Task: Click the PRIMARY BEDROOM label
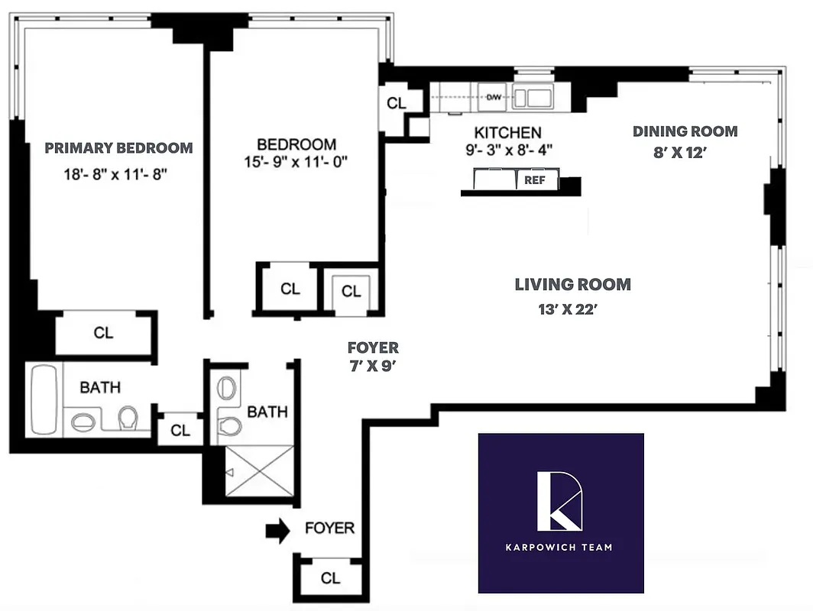[118, 147]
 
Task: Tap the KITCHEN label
[507, 132]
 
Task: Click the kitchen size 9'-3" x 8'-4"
[507, 150]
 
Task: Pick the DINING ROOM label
[685, 131]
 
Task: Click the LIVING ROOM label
[572, 285]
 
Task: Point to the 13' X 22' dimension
[572, 309]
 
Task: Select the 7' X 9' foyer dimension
[373, 365]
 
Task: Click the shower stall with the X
[260, 471]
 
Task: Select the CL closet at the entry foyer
[330, 578]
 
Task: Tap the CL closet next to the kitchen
[397, 103]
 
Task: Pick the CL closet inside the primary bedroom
[104, 333]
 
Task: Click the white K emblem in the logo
[561, 501]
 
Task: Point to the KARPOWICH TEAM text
[561, 547]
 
